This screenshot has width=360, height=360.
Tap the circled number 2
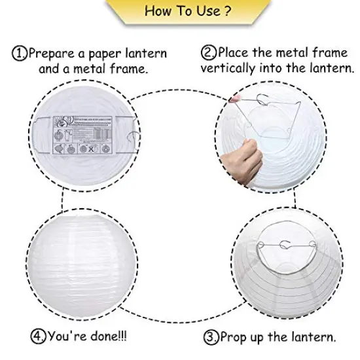click(209, 52)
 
